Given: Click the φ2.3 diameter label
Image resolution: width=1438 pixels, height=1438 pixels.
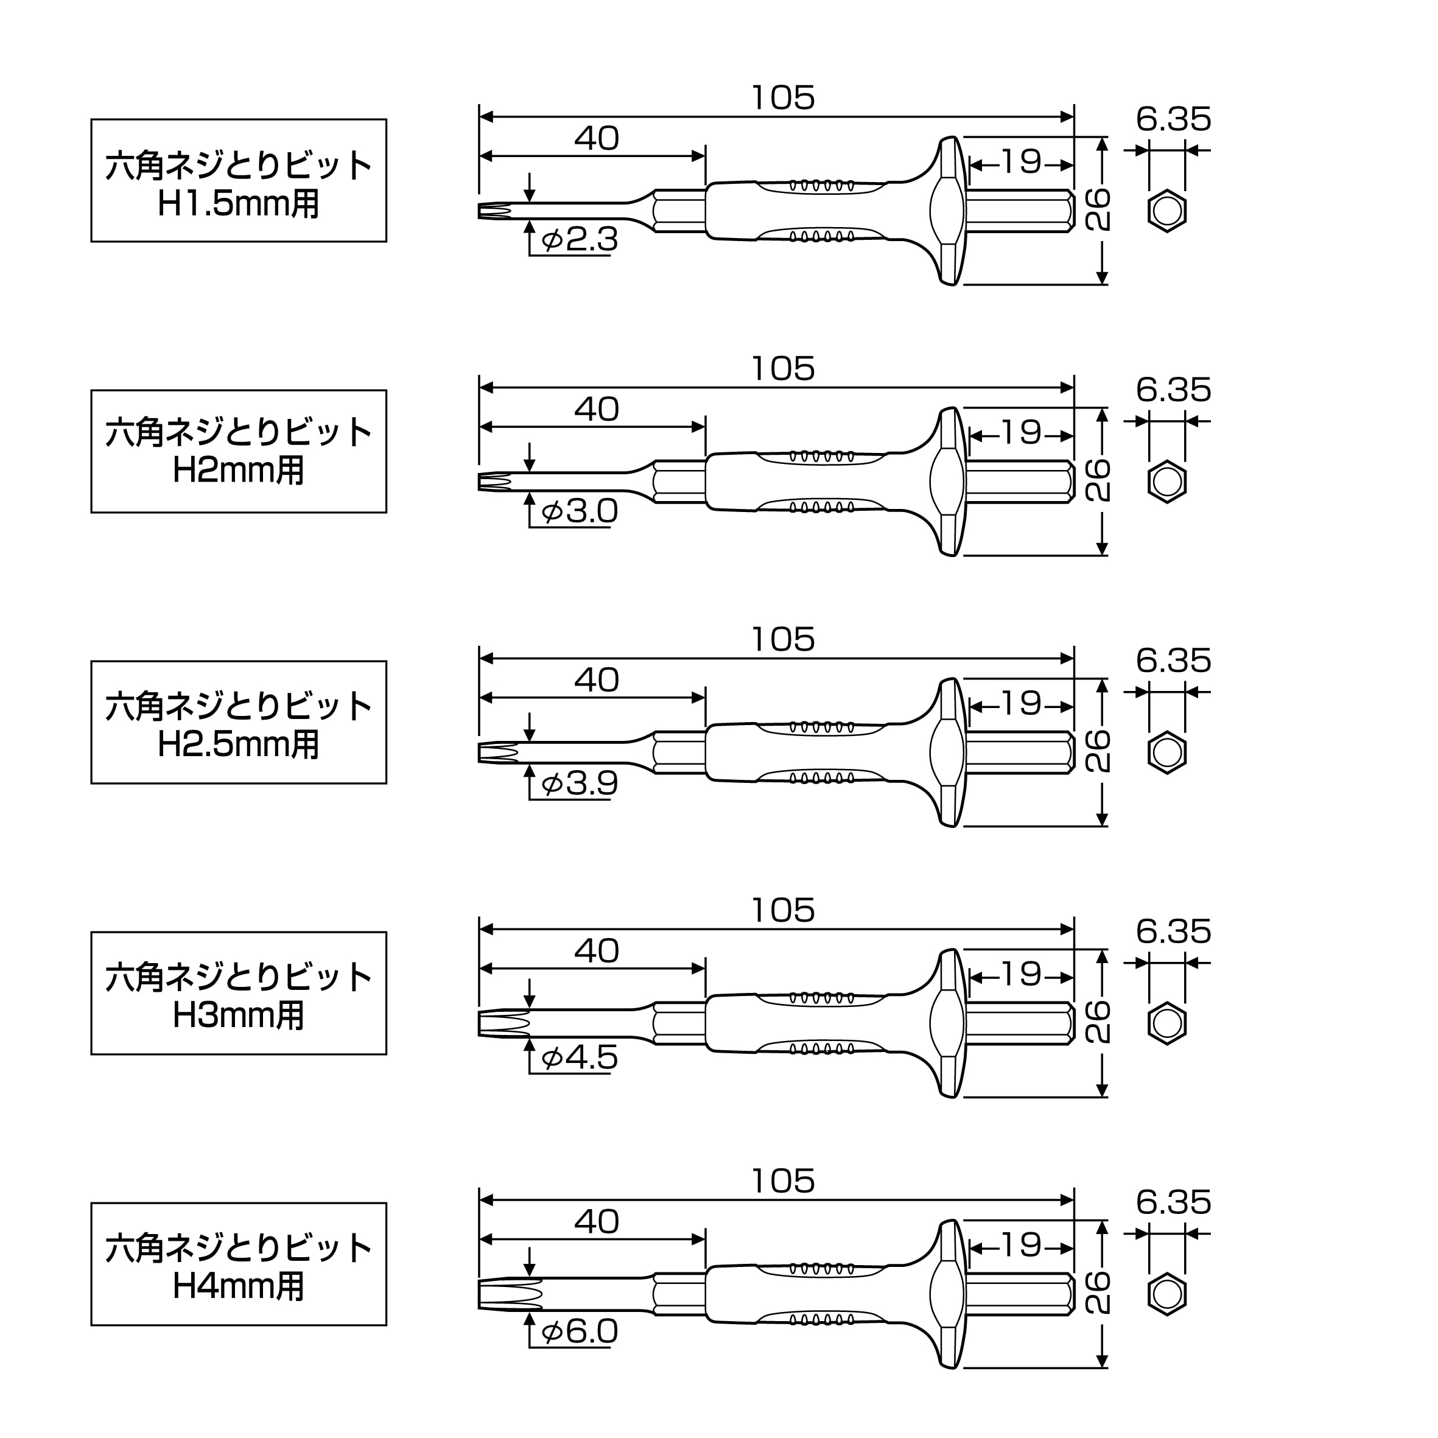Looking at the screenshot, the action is click(x=580, y=240).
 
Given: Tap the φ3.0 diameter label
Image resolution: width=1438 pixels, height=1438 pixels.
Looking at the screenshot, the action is click(x=580, y=511).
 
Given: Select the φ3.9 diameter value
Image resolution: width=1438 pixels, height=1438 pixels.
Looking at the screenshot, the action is click(x=580, y=782).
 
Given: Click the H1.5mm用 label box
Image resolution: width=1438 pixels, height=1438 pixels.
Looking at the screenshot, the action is click(x=239, y=180).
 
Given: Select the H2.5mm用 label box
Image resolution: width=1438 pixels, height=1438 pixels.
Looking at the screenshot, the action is click(x=239, y=722).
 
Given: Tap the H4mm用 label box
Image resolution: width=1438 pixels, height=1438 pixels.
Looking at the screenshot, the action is click(x=239, y=1264).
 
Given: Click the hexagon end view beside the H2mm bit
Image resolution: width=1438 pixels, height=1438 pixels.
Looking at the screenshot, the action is click(x=1167, y=482).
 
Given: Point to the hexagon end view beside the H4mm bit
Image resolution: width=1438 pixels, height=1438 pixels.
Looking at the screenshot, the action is click(x=1167, y=1294).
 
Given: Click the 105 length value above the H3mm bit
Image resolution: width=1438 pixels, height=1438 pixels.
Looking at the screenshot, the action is click(x=783, y=910).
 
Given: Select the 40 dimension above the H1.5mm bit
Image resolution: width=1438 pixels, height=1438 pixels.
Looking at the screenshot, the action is click(x=597, y=138).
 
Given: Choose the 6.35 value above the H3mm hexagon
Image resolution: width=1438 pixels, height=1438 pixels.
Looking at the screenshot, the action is click(x=1174, y=931).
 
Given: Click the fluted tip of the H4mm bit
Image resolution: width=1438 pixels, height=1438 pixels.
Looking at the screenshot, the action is click(x=510, y=1294).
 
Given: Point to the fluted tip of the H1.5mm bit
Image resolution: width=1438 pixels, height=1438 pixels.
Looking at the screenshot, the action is click(x=495, y=211).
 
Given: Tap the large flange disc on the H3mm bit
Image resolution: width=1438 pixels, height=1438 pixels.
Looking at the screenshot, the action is click(x=949, y=1023).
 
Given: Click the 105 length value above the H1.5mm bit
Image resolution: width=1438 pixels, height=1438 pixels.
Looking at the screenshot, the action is click(x=783, y=97).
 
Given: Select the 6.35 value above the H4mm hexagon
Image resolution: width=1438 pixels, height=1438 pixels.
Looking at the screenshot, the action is click(x=1174, y=1202).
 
